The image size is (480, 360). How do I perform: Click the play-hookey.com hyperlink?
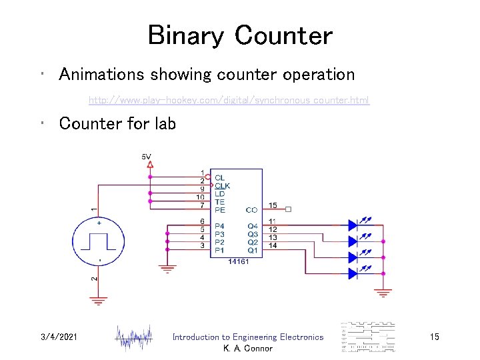(x=229, y=101)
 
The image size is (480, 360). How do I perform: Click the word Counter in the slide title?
(x=283, y=35)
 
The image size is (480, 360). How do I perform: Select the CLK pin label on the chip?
(x=223, y=185)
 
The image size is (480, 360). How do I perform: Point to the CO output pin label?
(x=251, y=209)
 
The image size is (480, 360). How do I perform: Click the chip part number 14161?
(x=238, y=262)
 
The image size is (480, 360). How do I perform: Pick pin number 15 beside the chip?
(x=273, y=204)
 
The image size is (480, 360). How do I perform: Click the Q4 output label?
(x=252, y=226)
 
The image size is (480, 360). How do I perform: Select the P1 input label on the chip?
(x=219, y=251)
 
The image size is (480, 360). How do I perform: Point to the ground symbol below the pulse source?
(x=99, y=300)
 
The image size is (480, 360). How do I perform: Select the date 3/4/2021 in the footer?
(x=59, y=337)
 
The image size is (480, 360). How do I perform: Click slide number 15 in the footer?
(x=434, y=337)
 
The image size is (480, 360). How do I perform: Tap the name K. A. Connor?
(x=248, y=349)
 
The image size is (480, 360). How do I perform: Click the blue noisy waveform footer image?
(x=135, y=338)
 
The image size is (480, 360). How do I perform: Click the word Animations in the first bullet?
(x=101, y=74)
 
